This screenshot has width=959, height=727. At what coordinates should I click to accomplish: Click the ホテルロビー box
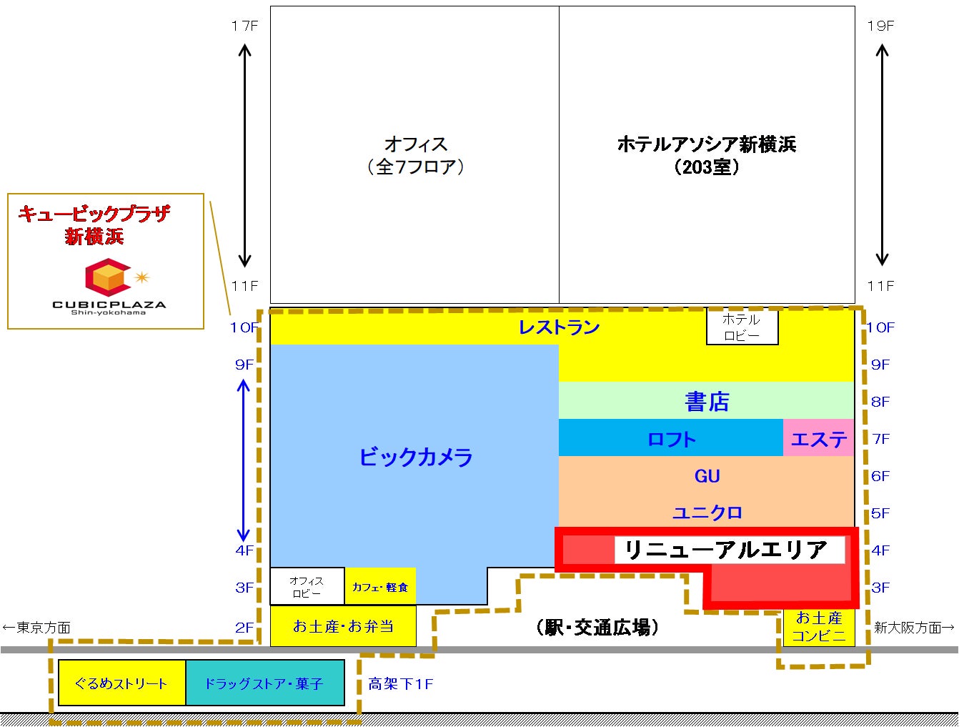tap(742, 327)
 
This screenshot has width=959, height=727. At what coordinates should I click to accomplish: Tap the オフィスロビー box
tap(307, 587)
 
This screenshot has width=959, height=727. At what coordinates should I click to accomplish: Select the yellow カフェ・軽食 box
tap(380, 587)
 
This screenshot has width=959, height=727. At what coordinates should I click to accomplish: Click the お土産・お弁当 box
tap(343, 626)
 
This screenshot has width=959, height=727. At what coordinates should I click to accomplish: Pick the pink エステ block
tap(819, 438)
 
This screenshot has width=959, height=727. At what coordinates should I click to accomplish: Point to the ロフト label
tap(671, 438)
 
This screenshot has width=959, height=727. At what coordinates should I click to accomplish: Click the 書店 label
tap(707, 401)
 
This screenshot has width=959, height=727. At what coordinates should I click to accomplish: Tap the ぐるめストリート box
tap(121, 683)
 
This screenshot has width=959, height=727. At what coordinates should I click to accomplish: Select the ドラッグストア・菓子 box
tap(264, 683)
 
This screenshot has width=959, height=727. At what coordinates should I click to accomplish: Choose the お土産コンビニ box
tap(819, 626)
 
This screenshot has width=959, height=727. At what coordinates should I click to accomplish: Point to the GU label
tap(707, 476)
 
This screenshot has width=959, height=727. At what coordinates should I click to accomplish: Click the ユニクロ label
tap(707, 513)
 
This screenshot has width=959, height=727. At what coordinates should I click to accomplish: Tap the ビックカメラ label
tap(415, 457)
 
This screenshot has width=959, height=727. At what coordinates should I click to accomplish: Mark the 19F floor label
tap(880, 26)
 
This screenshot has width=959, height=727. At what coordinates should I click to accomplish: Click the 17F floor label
tap(244, 26)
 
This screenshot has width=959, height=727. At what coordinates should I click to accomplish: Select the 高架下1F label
tap(401, 684)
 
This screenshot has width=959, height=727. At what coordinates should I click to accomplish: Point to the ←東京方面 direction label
tap(36, 628)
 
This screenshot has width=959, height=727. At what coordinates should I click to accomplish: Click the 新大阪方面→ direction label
tap(914, 628)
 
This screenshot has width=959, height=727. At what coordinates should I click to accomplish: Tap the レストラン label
tap(559, 327)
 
